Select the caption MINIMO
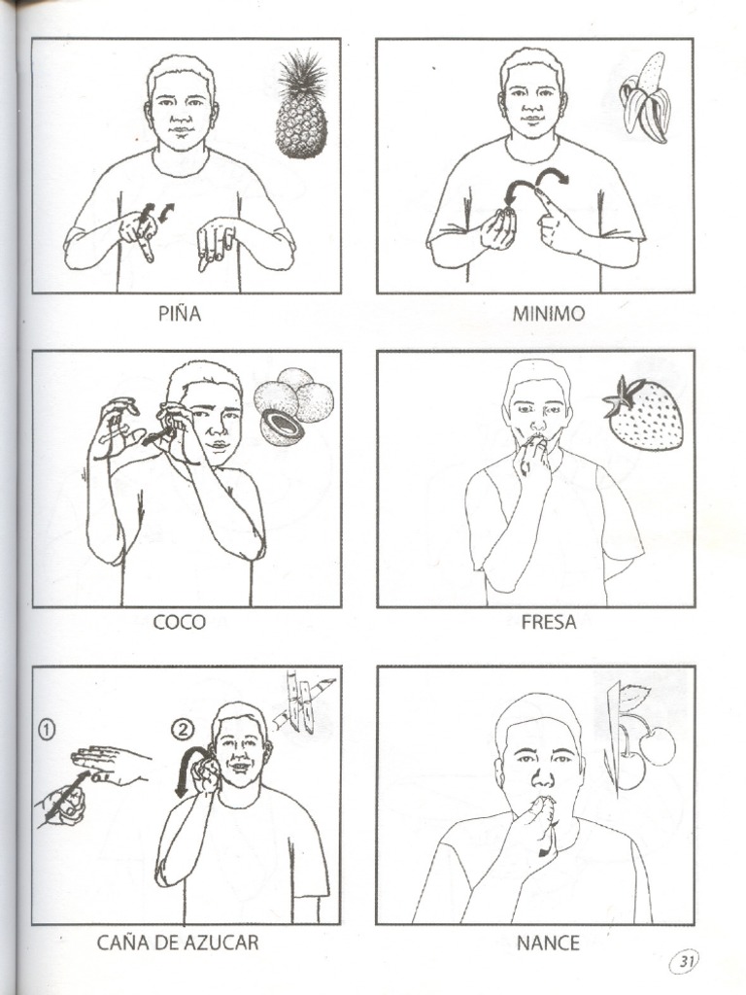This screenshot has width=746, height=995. pyautogui.click(x=549, y=314)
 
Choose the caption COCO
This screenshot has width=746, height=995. pyautogui.click(x=179, y=623)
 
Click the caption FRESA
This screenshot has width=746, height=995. pyautogui.click(x=549, y=623)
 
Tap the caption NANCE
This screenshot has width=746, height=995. pyautogui.click(x=549, y=943)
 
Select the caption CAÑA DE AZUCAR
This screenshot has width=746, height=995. pyautogui.click(x=178, y=943)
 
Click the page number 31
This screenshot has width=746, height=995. pyautogui.click(x=686, y=962)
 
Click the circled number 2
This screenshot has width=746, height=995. pyautogui.click(x=183, y=729)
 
